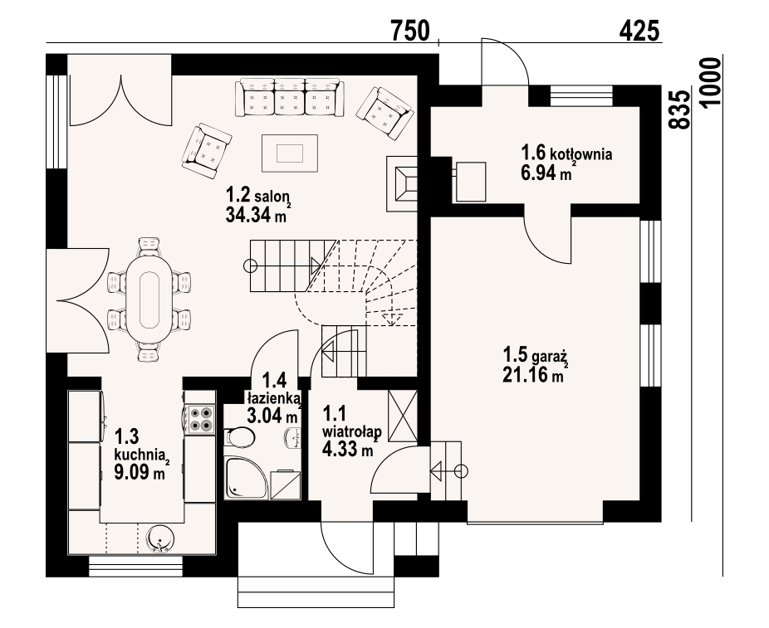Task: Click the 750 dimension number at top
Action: [x=410, y=31]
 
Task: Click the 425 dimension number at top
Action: [x=639, y=32]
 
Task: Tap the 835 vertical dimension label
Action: [x=679, y=110]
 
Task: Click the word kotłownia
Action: [x=581, y=154]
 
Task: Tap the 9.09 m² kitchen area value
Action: [x=140, y=473]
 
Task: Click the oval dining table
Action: [x=149, y=300]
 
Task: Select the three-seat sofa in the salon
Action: [x=290, y=98]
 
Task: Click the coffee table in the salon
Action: [x=290, y=153]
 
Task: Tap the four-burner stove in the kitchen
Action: [x=201, y=419]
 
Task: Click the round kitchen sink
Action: [x=160, y=539]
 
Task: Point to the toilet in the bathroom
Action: [x=240, y=436]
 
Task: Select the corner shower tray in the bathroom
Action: [x=247, y=478]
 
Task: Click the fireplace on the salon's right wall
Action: [x=402, y=183]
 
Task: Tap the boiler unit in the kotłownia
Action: [x=470, y=182]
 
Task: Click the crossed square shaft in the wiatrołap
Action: [x=402, y=416]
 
